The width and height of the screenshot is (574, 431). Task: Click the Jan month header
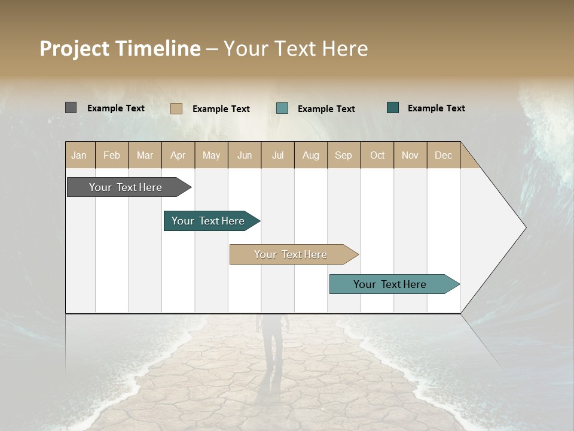(80, 155)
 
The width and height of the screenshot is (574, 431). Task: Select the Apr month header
(178, 155)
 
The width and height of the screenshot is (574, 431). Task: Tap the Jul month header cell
(278, 155)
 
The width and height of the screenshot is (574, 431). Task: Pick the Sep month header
(344, 155)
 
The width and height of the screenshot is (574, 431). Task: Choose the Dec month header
(444, 155)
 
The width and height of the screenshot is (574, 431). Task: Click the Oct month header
(377, 155)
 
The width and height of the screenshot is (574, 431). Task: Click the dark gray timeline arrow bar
(126, 187)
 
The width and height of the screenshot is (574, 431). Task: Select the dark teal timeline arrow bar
(208, 221)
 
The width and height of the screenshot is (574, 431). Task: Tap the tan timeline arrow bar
(291, 254)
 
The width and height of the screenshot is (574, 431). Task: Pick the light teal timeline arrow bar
(390, 284)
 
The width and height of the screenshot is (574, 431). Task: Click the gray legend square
(71, 108)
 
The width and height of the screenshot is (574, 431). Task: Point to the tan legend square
(176, 108)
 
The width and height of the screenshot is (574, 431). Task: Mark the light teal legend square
(282, 108)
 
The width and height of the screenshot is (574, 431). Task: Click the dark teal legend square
(393, 108)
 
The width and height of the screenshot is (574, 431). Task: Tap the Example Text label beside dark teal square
(436, 108)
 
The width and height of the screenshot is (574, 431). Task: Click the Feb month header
(112, 155)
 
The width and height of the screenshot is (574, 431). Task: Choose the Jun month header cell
(245, 155)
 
